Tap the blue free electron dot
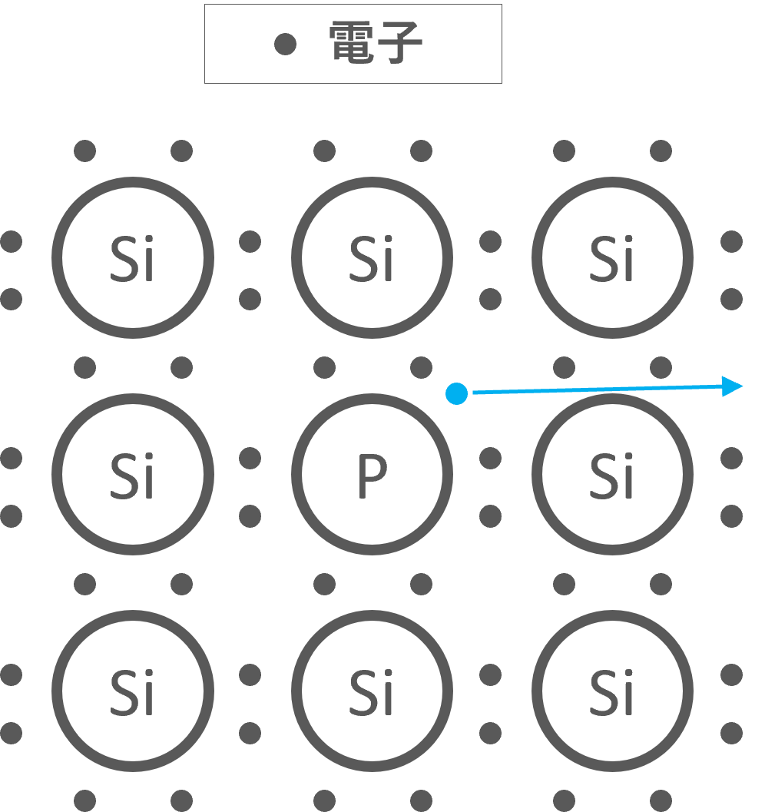pos(457,394)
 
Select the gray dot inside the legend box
pos(286,45)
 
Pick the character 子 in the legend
pos(399,42)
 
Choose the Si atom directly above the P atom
pos(372,258)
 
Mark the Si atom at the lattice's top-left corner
pos(133,258)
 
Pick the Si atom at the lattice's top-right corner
pos(612,258)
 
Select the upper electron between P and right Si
pos(490,459)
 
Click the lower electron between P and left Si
pos(250,515)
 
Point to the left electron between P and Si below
pos(324,585)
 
